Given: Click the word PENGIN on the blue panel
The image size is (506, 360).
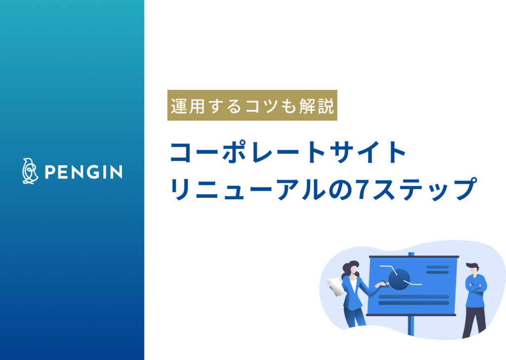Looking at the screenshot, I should tap(84, 172).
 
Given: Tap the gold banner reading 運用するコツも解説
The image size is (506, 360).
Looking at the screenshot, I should tap(252, 105).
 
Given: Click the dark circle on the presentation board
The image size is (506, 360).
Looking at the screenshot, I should tap(399, 279).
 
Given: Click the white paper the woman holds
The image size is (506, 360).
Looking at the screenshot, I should tap(337, 286).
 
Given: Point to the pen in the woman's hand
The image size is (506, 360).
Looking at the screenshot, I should tap(384, 283).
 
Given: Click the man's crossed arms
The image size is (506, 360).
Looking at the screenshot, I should tap(475, 286).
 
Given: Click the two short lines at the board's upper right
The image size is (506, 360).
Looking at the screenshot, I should tap(437, 270).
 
